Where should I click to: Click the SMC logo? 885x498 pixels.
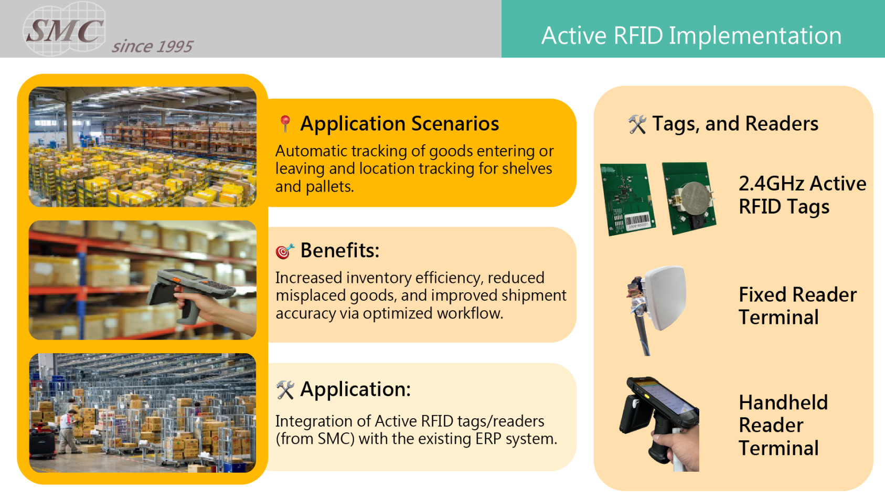[65, 30]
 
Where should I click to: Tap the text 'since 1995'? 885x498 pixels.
[152, 47]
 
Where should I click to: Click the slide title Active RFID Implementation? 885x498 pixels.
[691, 36]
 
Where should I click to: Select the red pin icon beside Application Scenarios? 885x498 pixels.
[285, 124]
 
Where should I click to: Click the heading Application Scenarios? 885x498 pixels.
[399, 124]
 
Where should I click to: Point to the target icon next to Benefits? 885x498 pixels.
[284, 251]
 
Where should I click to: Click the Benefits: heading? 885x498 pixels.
[339, 251]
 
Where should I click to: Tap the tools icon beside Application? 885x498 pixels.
[285, 390]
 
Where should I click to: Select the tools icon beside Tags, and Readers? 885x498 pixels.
[637, 124]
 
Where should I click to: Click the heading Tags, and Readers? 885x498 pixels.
[735, 124]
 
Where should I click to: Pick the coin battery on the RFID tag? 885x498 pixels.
[694, 196]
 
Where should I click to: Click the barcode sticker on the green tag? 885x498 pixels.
[637, 221]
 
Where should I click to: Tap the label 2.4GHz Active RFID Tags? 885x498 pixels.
[802, 195]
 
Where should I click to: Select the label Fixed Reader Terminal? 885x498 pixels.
[797, 306]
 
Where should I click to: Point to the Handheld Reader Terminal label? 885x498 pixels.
[783, 425]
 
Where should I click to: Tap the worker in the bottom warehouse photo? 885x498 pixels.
[68, 431]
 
